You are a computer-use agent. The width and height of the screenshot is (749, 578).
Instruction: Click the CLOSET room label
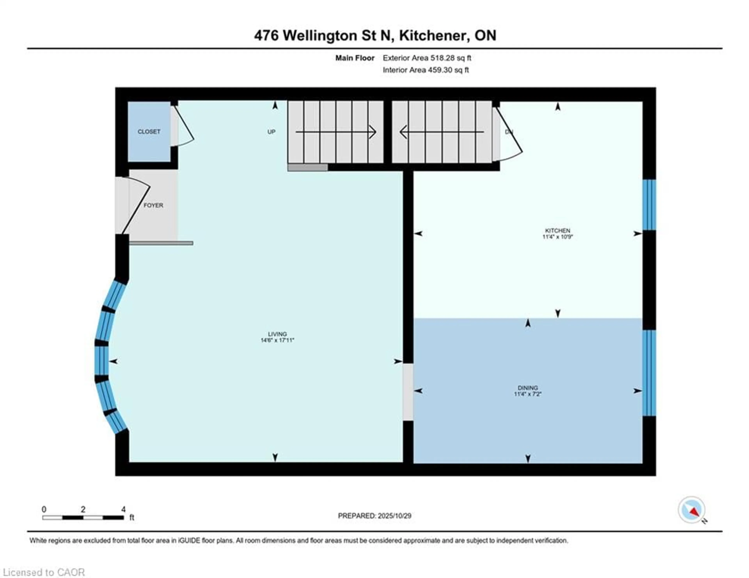coord(149,132)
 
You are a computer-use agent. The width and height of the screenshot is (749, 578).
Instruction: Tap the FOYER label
coord(153,205)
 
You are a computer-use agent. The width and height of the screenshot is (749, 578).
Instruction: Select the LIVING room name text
coord(277,334)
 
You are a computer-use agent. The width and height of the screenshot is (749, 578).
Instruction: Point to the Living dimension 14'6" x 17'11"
coord(277,340)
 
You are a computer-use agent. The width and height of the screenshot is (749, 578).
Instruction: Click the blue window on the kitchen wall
coord(649,205)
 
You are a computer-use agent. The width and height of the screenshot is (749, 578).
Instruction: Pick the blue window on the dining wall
coord(649,373)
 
